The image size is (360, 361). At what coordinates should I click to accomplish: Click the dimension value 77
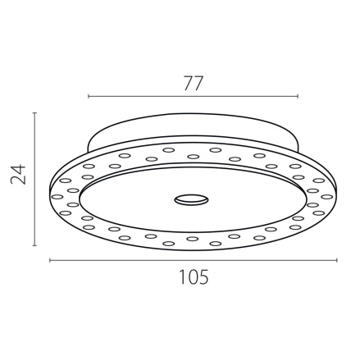coord(193,83)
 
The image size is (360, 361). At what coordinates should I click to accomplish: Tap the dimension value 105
coord(193,277)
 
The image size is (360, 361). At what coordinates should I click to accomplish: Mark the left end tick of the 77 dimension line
coord(88,97)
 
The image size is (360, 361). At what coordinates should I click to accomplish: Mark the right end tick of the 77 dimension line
coord(298,97)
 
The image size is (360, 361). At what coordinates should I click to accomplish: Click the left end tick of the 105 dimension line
coord(50,260)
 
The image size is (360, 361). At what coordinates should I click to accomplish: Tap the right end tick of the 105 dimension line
coord(337,260)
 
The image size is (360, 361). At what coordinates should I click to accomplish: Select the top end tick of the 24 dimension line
coord(34,113)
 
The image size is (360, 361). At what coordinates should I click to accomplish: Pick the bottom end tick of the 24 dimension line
coord(34,244)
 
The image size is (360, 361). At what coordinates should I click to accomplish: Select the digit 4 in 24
coord(18,167)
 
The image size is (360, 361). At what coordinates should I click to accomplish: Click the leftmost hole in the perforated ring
coord(57,196)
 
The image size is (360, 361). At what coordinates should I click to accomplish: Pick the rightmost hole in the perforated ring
coord(327,196)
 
